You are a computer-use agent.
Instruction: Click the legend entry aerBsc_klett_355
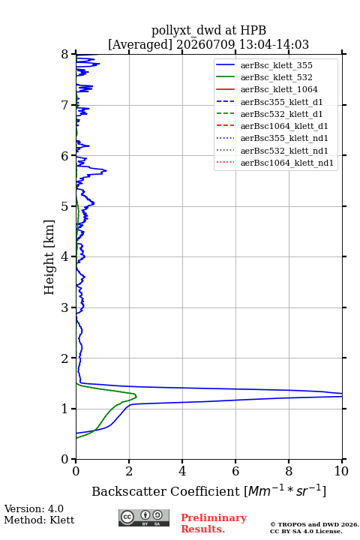pyautogui.click(x=276, y=65)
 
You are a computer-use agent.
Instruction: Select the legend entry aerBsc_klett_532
pyautogui.click(x=276, y=77)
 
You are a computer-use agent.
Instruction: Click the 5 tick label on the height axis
pyautogui.click(x=65, y=206)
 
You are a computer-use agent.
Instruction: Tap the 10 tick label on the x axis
pyautogui.click(x=341, y=471)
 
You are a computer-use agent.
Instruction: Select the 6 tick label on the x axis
pyautogui.click(x=235, y=471)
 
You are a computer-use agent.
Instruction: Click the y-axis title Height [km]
pyautogui.click(x=49, y=257)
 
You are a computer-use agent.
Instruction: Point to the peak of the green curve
pyautogui.click(x=136, y=397)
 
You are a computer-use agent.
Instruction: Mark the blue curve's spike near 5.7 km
pyautogui.click(x=106, y=170)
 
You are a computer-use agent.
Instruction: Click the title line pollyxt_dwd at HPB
pyautogui.click(x=208, y=30)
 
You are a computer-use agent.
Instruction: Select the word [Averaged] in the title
pyautogui.click(x=140, y=44)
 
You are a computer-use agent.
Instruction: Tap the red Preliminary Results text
pyautogui.click(x=214, y=523)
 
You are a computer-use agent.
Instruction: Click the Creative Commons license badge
pyautogui.click(x=144, y=518)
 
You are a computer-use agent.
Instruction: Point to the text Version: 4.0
pyautogui.click(x=34, y=508)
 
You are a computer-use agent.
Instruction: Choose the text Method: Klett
pyautogui.click(x=39, y=520)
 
